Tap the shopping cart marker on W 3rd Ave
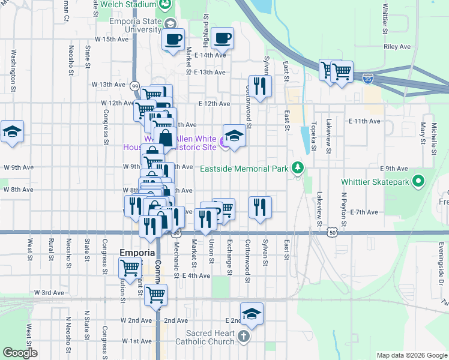[x=155, y=295]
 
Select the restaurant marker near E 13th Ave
[x=260, y=86]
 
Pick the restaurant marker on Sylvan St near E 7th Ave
[x=260, y=208]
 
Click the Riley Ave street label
[x=397, y=46]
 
